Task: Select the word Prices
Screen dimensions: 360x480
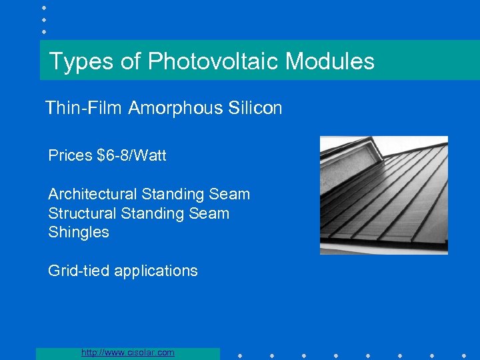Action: click(70, 156)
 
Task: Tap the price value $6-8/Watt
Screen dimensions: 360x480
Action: click(132, 156)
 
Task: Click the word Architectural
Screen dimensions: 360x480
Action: click(92, 195)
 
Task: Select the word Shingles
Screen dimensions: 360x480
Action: click(79, 233)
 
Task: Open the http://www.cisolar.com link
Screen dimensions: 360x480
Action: click(127, 353)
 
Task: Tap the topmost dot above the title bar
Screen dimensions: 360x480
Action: click(44, 7)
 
